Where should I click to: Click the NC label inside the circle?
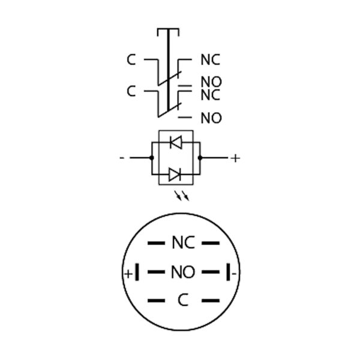pos(184,242)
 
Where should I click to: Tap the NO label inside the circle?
pos(183,272)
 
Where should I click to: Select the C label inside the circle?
pos(183,300)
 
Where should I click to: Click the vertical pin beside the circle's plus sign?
pos(137,272)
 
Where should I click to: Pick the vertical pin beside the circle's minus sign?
pos(228,272)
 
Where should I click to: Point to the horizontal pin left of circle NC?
pos(156,243)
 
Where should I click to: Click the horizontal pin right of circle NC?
pos(211,243)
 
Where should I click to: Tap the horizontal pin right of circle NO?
pos(211,272)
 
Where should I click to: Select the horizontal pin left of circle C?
pos(156,301)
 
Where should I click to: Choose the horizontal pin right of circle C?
pos(211,301)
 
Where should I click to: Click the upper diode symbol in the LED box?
pos(176,142)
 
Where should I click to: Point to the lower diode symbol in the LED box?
pos(175,175)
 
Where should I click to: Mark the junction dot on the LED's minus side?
pos(152,158)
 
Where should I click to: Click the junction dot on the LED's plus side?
pos(200,158)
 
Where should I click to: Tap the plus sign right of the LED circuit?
pos(235,158)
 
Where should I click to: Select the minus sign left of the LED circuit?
pos(122,158)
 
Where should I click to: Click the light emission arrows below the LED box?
pos(182,196)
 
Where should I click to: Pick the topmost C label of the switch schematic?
pos(131,59)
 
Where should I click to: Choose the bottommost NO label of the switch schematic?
pos(211,118)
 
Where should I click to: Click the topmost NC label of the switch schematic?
pos(211,59)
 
